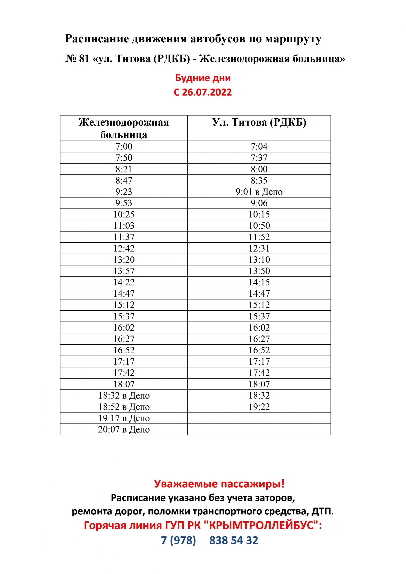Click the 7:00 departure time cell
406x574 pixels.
click(x=124, y=146)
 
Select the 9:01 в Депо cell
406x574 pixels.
click(x=259, y=192)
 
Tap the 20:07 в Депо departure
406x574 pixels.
click(x=124, y=430)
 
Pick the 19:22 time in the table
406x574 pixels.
click(x=259, y=407)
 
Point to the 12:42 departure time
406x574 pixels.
click(x=124, y=248)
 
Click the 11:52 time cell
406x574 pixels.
click(x=259, y=237)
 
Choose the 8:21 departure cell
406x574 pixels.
click(x=124, y=169)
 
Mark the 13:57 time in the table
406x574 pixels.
click(x=124, y=271)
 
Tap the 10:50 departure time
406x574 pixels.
click(x=259, y=226)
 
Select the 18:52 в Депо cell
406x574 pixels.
click(x=124, y=407)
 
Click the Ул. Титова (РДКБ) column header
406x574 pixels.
click(x=259, y=122)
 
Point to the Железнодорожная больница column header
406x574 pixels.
click(x=124, y=128)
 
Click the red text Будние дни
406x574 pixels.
click(x=203, y=78)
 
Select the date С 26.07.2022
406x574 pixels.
click(x=203, y=92)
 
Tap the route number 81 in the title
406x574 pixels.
click(x=84, y=59)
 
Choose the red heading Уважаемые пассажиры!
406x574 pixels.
click(x=219, y=484)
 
